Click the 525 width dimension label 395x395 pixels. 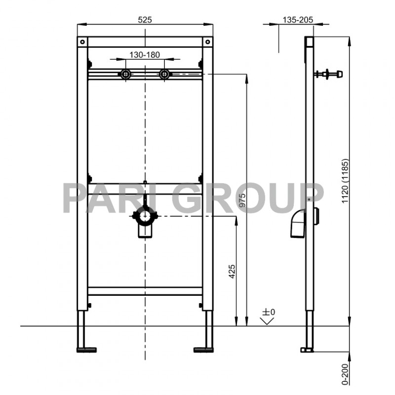click(x=144, y=19)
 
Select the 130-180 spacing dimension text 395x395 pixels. click(x=144, y=55)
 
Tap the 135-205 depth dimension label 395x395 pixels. click(x=298, y=19)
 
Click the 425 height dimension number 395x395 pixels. click(x=232, y=273)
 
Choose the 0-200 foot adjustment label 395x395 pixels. click(x=344, y=373)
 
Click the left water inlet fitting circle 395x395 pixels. click(x=125, y=75)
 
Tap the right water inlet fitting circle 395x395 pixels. click(x=164, y=75)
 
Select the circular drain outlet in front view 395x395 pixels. click(x=145, y=216)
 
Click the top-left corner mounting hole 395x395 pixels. click(x=82, y=41)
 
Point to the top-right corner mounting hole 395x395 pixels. click(x=208, y=41)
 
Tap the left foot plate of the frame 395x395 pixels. click(x=86, y=350)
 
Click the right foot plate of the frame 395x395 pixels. click(x=203, y=350)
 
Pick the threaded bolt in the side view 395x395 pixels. click(x=327, y=75)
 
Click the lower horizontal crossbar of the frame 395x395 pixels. click(x=145, y=291)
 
